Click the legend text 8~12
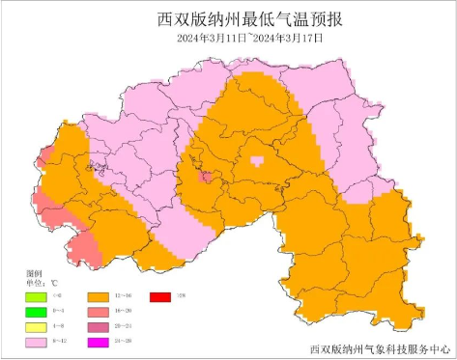click(60, 342)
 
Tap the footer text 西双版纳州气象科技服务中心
click(381, 348)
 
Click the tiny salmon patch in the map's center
click(206, 177)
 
